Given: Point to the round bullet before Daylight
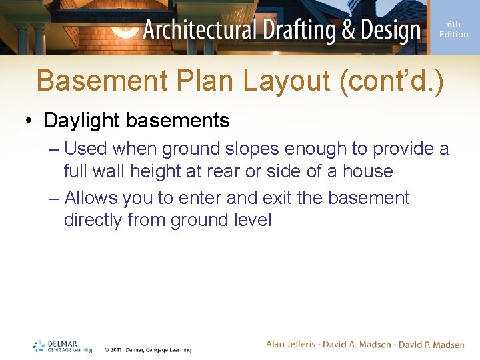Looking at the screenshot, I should click(29, 121).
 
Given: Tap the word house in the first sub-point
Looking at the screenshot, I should click(367, 171).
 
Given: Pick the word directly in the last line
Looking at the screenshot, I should click(93, 220).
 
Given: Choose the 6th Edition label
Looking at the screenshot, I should click(453, 29).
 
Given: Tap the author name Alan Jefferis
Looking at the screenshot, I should click(292, 345).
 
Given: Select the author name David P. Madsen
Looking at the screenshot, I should click(431, 345).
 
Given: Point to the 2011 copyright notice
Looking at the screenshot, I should click(147, 349).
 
